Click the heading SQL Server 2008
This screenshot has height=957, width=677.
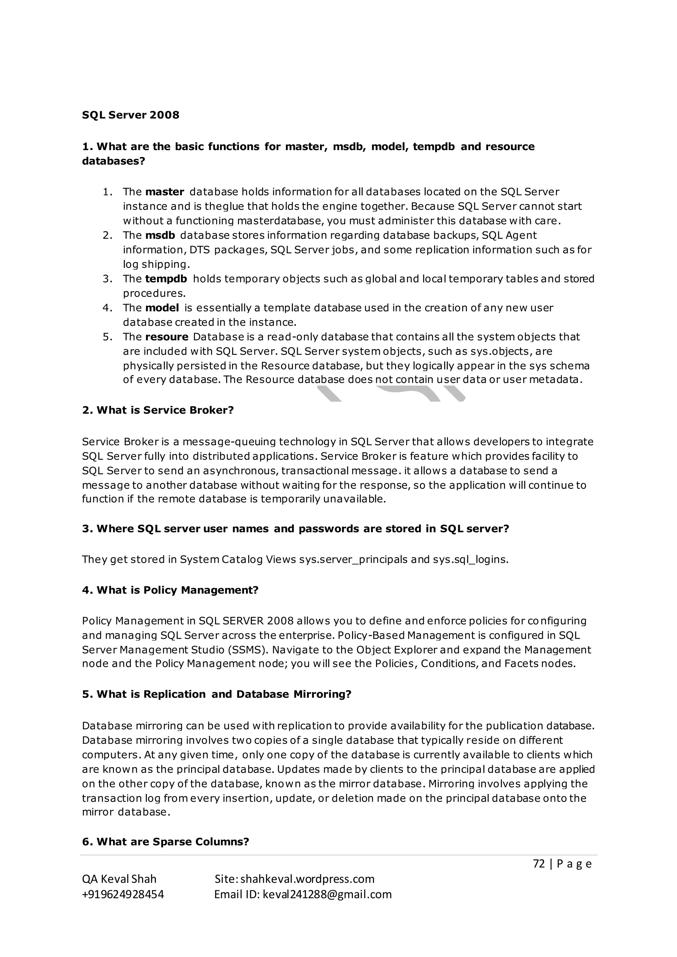131,115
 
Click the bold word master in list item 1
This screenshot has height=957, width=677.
165,192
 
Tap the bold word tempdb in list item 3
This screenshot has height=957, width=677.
166,279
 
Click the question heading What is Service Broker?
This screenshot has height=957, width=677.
158,410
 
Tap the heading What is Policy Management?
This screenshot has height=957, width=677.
171,590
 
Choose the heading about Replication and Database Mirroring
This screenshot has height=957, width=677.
217,694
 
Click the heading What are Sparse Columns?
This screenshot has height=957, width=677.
166,842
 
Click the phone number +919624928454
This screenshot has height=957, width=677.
123,894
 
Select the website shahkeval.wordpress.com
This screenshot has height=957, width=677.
307,879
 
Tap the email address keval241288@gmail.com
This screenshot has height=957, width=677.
327,894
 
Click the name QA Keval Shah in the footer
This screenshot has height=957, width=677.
119,879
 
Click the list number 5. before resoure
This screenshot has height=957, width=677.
107,337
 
